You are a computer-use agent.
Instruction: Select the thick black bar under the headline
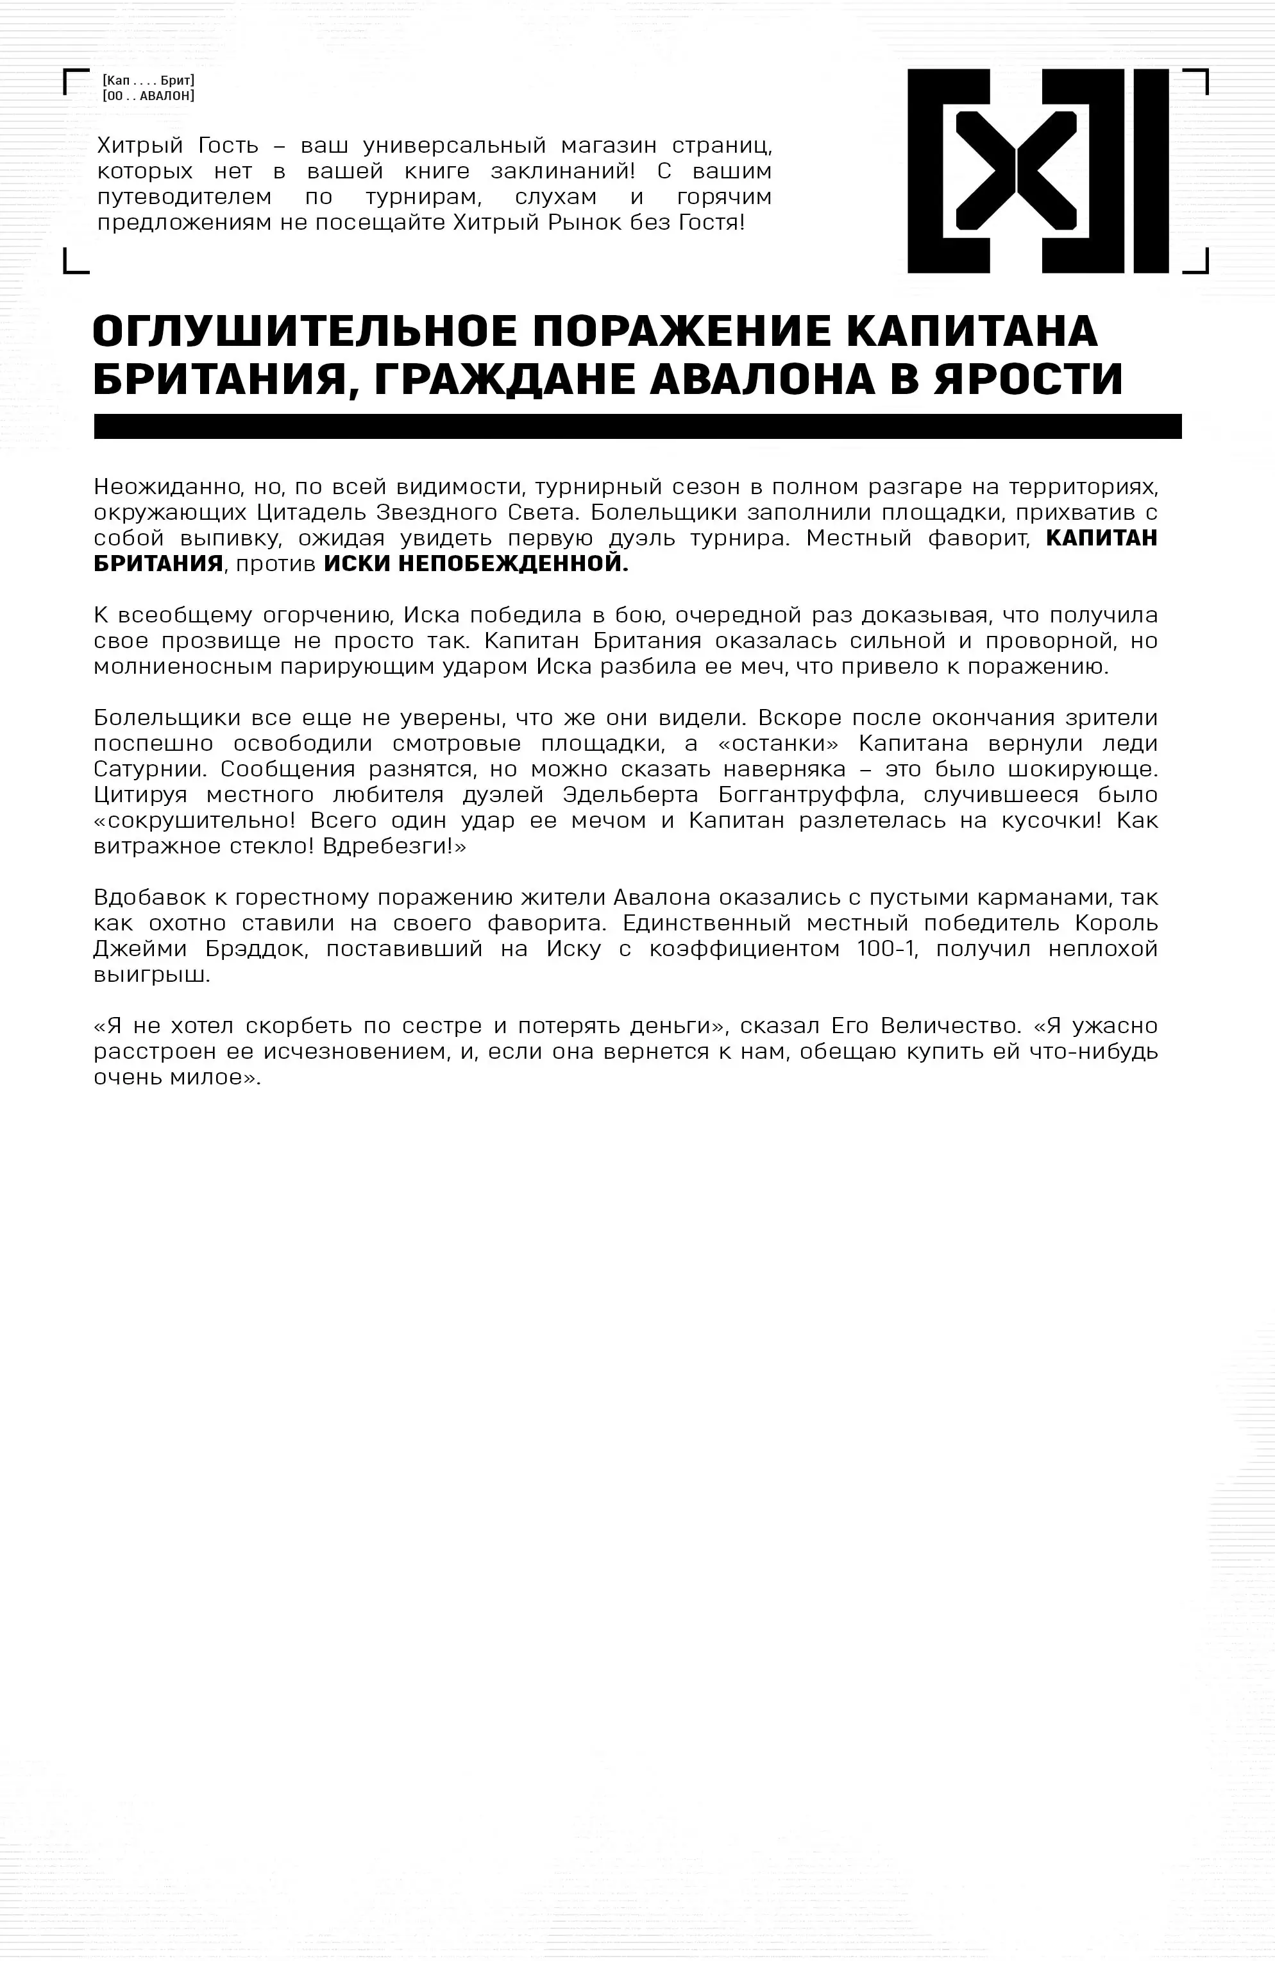pyautogui.click(x=637, y=426)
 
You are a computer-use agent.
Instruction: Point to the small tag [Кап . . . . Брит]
pyautogui.click(x=148, y=81)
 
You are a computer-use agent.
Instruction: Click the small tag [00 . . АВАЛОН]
pyautogui.click(x=148, y=96)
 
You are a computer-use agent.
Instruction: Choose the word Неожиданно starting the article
pyautogui.click(x=162, y=486)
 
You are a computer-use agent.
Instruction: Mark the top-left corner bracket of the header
pyautogui.click(x=75, y=81)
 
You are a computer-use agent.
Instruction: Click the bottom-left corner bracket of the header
pyautogui.click(x=75, y=261)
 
